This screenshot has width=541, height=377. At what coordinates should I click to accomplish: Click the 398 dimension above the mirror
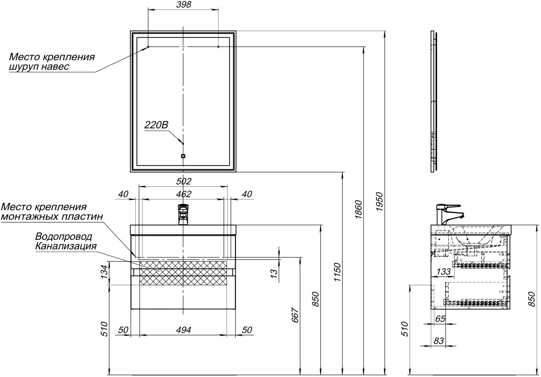point(184,5)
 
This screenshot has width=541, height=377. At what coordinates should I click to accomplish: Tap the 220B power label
point(156,125)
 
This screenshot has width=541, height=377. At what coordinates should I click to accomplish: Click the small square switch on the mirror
point(183,156)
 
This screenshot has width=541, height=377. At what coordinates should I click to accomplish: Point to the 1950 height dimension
point(379,201)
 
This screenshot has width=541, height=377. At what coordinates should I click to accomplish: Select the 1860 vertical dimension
point(358,209)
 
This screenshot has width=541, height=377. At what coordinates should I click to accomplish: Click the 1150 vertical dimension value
point(337,272)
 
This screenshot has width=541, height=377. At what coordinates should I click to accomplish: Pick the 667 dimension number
point(295,315)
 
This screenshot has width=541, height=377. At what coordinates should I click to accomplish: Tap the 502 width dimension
point(184,182)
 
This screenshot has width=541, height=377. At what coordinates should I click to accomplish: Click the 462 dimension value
point(184,194)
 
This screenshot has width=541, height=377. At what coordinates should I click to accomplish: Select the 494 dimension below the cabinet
point(184,330)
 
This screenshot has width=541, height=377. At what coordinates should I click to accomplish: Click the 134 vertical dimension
point(104,272)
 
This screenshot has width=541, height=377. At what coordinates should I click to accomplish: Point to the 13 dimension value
point(274,274)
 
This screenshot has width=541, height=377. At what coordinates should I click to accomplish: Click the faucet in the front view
point(183,214)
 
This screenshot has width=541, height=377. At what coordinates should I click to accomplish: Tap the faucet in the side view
point(450,214)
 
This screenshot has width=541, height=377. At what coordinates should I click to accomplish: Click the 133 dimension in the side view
point(443,272)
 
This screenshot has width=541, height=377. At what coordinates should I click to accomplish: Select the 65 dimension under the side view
point(440,319)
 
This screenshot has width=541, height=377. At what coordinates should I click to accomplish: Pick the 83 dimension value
point(439,341)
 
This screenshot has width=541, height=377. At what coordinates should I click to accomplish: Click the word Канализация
point(66,246)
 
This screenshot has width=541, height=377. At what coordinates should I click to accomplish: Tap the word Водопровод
point(64,237)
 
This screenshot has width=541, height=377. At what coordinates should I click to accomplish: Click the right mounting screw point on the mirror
point(218,47)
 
